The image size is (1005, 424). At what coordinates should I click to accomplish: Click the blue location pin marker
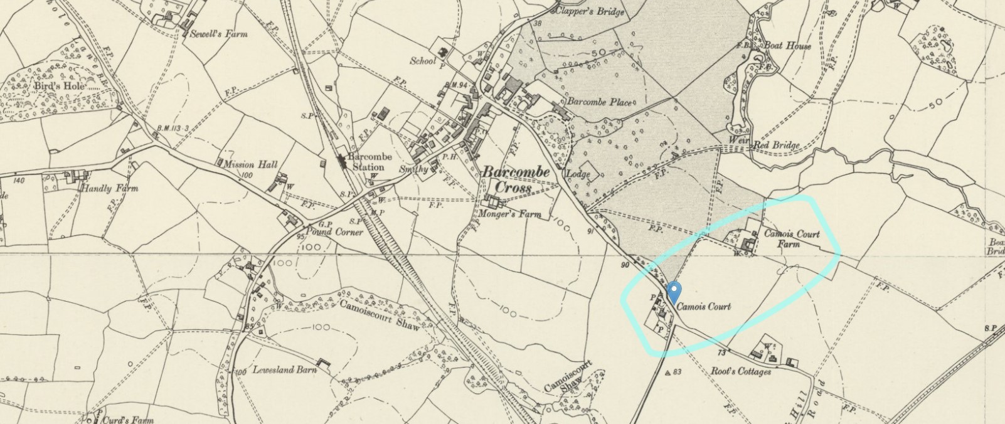click(x=673, y=292)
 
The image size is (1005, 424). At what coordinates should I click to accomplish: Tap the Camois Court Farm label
click(x=791, y=238)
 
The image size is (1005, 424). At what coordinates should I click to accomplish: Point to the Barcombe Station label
click(x=369, y=162)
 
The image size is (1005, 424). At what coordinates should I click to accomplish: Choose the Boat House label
click(x=787, y=46)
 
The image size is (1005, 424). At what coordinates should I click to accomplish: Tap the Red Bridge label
click(x=776, y=146)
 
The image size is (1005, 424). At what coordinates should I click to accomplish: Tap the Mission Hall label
click(x=250, y=164)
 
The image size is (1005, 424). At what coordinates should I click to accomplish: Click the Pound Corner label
click(x=339, y=231)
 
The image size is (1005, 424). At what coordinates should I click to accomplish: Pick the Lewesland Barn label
click(x=284, y=369)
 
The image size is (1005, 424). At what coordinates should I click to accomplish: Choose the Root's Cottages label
click(x=740, y=371)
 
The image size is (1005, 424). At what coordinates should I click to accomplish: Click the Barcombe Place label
click(x=599, y=102)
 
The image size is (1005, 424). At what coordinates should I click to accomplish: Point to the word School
click(x=423, y=61)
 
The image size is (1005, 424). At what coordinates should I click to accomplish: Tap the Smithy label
click(x=413, y=169)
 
